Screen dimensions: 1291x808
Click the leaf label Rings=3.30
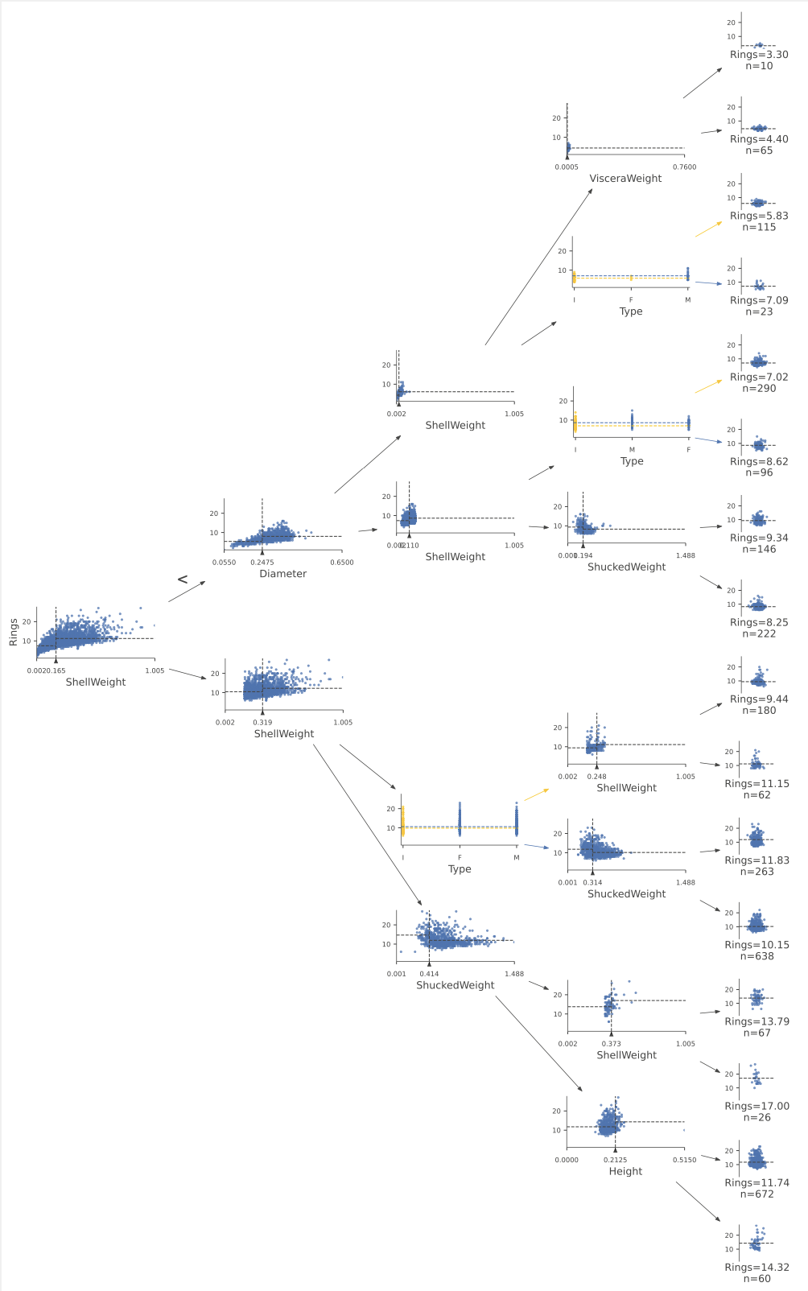tap(759, 55)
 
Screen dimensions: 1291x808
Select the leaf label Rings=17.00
tap(756, 1106)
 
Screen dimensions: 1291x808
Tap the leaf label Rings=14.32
tap(756, 1267)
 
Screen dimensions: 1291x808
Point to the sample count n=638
tap(756, 956)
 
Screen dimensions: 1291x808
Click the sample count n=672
tap(756, 1194)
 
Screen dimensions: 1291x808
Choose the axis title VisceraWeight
tap(625, 179)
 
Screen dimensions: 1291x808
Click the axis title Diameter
tap(282, 574)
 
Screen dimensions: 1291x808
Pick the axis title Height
tap(625, 1171)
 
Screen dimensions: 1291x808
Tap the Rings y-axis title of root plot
tap(13, 632)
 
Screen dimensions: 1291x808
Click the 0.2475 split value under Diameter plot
tap(262, 563)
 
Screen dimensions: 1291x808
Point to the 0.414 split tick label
tap(429, 974)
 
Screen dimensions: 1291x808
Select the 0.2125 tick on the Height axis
tap(616, 1160)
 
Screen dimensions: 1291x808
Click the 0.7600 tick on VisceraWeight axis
tap(684, 167)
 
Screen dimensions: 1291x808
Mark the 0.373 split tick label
tap(611, 1044)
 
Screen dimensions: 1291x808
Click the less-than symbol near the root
tap(183, 580)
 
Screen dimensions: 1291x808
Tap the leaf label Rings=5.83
tap(759, 216)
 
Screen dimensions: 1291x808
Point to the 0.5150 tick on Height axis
tap(684, 1160)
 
